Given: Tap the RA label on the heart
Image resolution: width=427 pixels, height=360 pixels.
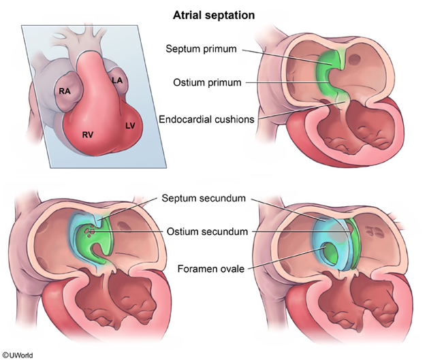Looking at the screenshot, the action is tap(65, 91).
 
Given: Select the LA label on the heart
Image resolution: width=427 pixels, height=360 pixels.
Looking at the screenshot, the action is tap(117, 81).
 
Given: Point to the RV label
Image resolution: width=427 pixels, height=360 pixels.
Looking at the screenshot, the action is tap(88, 135).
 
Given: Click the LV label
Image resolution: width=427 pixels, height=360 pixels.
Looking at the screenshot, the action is tap(129, 126).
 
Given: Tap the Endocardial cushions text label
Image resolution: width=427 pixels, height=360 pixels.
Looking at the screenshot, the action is tap(206, 119).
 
